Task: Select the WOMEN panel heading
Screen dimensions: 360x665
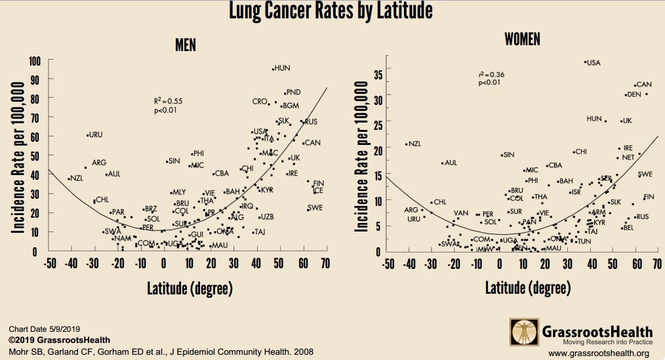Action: pyautogui.click(x=522, y=39)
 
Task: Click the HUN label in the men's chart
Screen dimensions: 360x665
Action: pyautogui.click(x=282, y=68)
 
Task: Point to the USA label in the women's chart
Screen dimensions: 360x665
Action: pyautogui.click(x=594, y=63)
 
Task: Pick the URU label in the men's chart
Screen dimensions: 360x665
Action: pyautogui.click(x=96, y=135)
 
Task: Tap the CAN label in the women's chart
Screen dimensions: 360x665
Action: pyautogui.click(x=644, y=85)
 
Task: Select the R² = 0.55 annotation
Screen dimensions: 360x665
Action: pyautogui.click(x=168, y=102)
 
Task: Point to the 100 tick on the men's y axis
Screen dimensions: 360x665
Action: pyautogui.click(x=35, y=61)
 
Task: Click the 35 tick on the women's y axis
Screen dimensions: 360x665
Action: pyautogui.click(x=378, y=74)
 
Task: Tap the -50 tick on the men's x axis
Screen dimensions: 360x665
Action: pyautogui.click(x=50, y=263)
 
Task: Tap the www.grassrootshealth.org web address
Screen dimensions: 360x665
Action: pyautogui.click(x=600, y=353)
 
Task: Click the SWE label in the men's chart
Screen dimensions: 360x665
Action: pyautogui.click(x=315, y=208)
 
